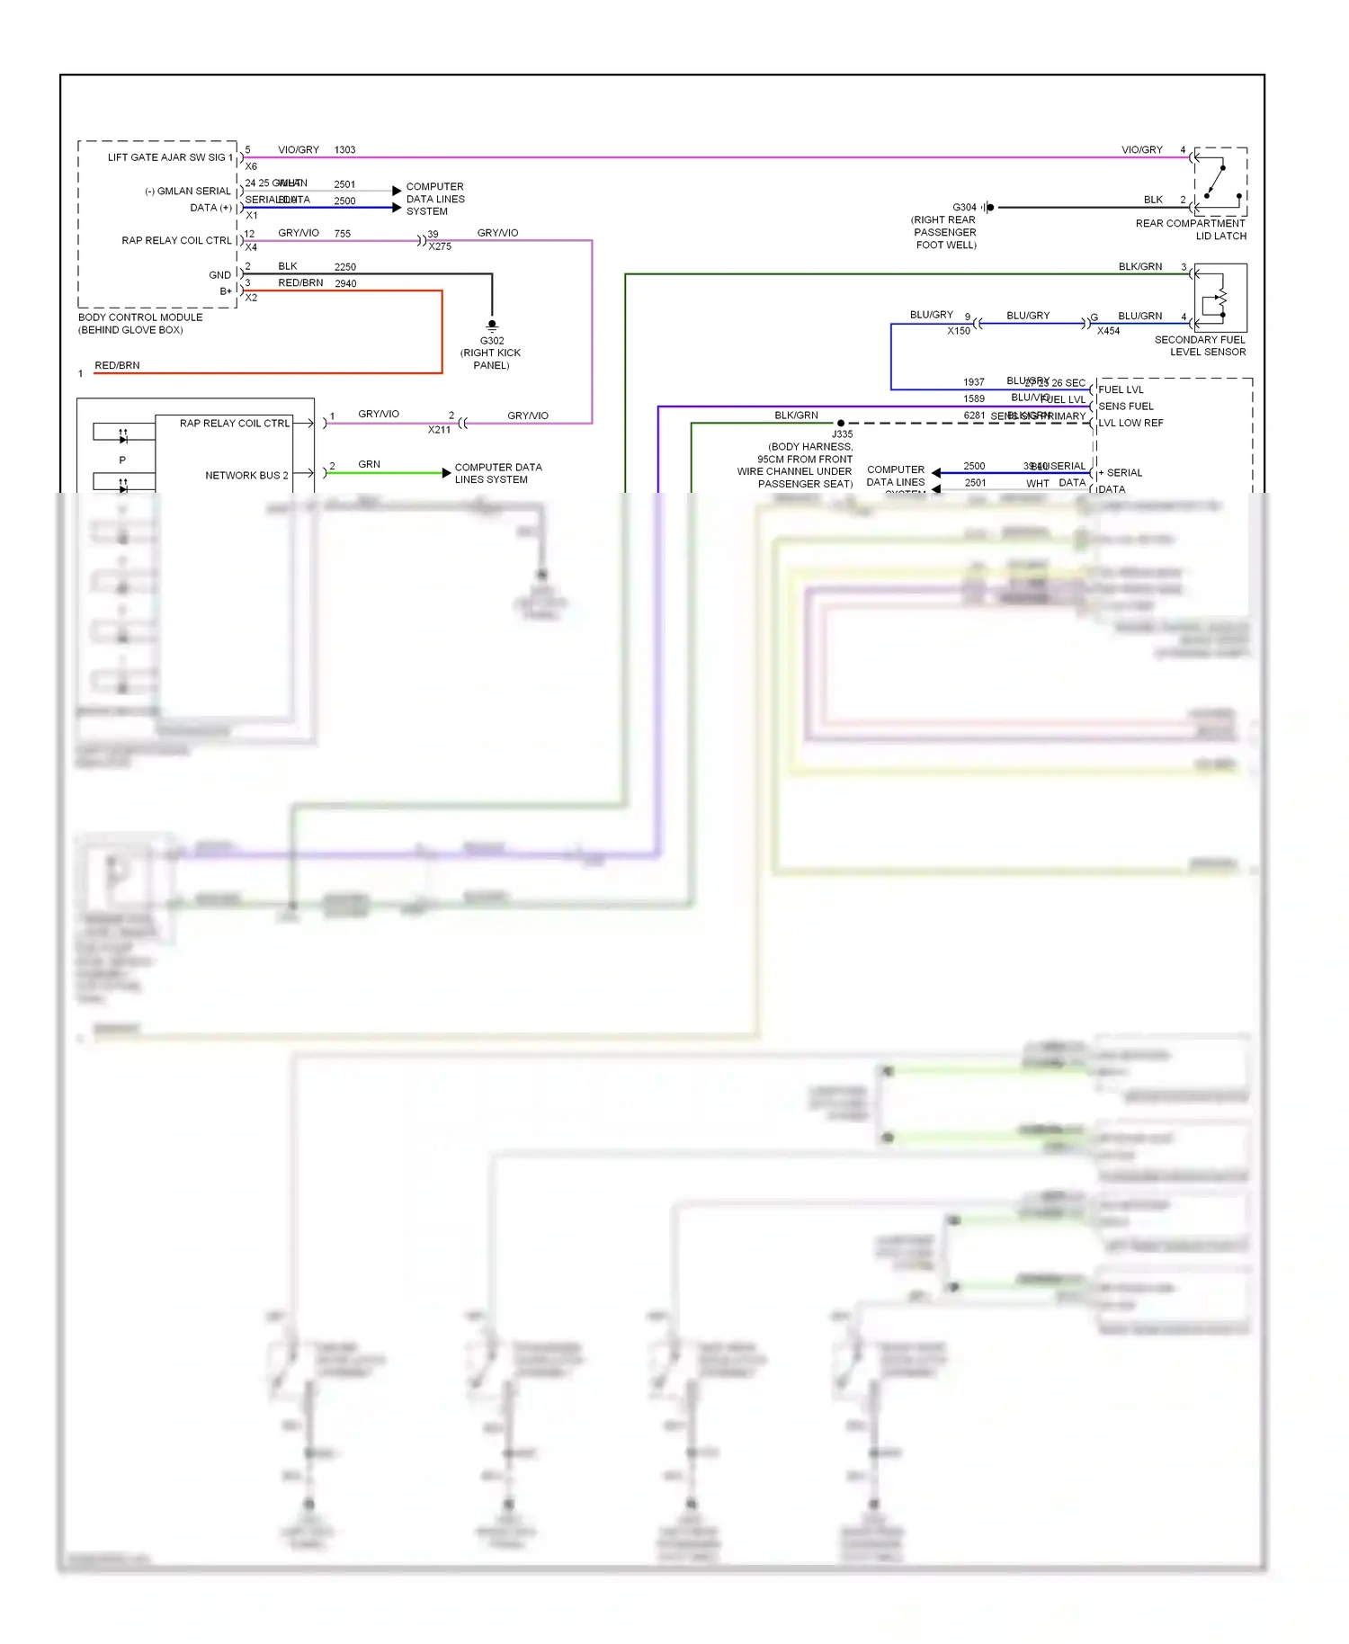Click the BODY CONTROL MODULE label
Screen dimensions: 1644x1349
tap(140, 317)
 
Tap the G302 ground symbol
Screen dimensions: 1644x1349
tap(492, 325)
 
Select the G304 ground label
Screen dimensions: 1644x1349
tap(964, 208)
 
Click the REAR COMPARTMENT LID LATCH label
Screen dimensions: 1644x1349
tap(1191, 229)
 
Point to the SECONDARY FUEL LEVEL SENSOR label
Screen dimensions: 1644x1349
tap(1200, 345)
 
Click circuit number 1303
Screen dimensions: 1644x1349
tap(344, 150)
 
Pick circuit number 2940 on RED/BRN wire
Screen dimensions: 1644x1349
tap(345, 283)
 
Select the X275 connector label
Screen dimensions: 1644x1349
tap(440, 246)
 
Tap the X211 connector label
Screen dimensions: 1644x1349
tap(439, 430)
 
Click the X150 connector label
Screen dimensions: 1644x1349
tap(959, 331)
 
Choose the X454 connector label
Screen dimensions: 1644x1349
tap(1108, 331)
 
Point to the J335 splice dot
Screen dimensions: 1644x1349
tap(841, 423)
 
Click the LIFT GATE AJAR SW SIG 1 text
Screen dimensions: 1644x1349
tap(170, 157)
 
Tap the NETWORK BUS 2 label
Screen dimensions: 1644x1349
tap(246, 475)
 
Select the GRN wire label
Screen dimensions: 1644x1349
tap(369, 464)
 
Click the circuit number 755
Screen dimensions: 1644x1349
tap(343, 234)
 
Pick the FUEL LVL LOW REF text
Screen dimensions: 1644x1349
tap(1130, 423)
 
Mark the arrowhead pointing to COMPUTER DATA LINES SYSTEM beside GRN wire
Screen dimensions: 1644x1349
tap(446, 473)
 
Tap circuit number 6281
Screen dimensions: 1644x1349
tap(974, 415)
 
